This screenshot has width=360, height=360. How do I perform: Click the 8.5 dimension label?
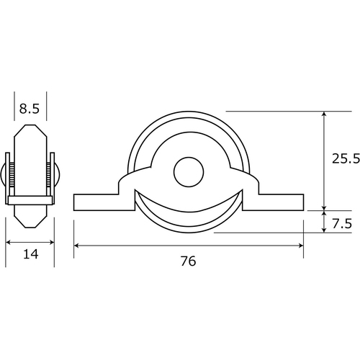[x=30, y=109]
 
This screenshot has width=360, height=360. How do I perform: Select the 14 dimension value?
[x=31, y=254]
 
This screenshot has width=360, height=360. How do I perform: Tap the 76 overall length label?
[x=189, y=261]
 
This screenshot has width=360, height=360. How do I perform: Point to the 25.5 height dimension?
[x=346, y=158]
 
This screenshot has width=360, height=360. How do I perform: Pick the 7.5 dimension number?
[x=342, y=224]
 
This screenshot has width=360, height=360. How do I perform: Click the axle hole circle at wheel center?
[x=189, y=172]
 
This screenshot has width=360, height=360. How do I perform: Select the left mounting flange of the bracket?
[x=104, y=202]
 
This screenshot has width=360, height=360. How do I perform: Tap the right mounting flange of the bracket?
[x=274, y=202]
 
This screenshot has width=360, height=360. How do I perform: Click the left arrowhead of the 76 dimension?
[x=76, y=246]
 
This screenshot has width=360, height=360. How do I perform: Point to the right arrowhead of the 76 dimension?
[x=301, y=246]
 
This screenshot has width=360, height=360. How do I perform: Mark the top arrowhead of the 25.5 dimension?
[x=324, y=114]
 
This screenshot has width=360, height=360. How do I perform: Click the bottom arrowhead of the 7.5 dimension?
[x=324, y=230]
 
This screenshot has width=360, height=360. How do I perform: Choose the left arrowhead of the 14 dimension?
[x=9, y=243]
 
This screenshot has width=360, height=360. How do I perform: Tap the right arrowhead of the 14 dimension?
[x=51, y=243]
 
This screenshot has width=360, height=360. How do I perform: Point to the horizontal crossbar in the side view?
[x=30, y=200]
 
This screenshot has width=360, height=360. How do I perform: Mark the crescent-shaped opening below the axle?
[x=189, y=211]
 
